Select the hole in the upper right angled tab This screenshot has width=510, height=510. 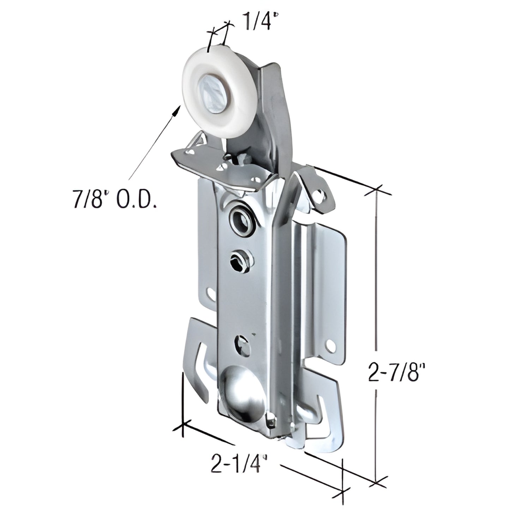320,193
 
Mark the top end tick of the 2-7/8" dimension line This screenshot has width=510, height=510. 378,191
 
